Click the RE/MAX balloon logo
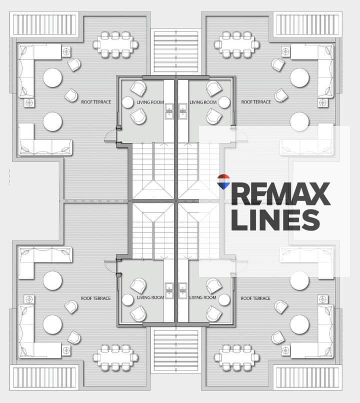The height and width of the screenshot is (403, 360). pyautogui.click(x=223, y=181)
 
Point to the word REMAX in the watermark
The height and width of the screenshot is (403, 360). pyautogui.click(x=280, y=194)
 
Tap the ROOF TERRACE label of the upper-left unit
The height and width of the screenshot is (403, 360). pyautogui.click(x=96, y=102)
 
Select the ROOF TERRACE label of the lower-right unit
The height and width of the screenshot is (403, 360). pyautogui.click(x=255, y=298)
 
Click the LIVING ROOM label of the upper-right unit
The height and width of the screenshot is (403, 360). pyautogui.click(x=203, y=102)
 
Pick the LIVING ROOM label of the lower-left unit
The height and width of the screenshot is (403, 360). pyautogui.click(x=150, y=297)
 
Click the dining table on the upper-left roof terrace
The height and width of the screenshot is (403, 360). pyautogui.click(x=115, y=44)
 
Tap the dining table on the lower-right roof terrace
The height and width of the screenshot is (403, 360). pyautogui.click(x=236, y=357)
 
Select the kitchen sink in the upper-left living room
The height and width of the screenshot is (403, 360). pyautogui.click(x=169, y=111)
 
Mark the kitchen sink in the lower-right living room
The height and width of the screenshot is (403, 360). pyautogui.click(x=182, y=290)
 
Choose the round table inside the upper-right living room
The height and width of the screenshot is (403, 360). pyautogui.click(x=224, y=102)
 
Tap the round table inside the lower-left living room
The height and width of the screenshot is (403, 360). pyautogui.click(x=127, y=300)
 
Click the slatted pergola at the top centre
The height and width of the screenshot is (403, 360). pyautogui.click(x=176, y=51)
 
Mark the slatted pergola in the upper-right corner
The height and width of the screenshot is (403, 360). pyautogui.click(x=307, y=24)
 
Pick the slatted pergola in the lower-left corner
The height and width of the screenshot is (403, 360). pyautogui.click(x=44, y=377)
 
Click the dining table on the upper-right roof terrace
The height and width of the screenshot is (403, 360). pyautogui.click(x=236, y=44)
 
